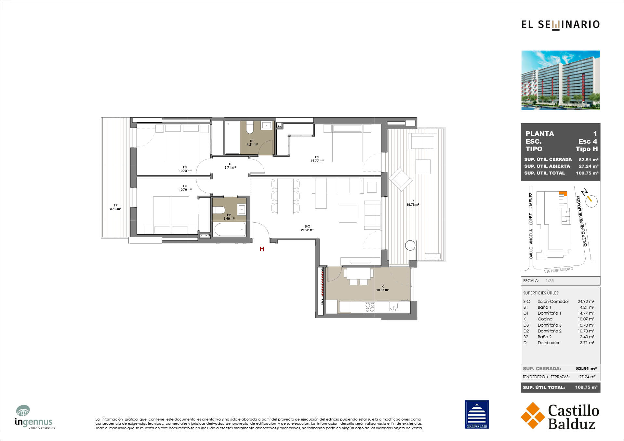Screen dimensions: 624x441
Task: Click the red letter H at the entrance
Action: click(x=262, y=249)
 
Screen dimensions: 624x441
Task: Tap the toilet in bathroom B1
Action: click(x=250, y=127)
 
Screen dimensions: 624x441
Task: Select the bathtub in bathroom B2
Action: click(x=230, y=229)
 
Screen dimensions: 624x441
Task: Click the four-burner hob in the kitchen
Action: click(x=370, y=307)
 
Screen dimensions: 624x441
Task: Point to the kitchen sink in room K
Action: click(x=393, y=306)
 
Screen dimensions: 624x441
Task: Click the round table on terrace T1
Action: click(x=410, y=245)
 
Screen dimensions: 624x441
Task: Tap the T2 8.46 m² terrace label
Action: click(x=115, y=207)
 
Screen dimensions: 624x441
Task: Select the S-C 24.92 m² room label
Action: click(x=307, y=228)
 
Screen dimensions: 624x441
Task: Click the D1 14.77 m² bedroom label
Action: click(x=317, y=159)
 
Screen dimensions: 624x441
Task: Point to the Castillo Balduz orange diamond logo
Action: click(x=533, y=415)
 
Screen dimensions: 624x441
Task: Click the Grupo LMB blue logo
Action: click(x=477, y=414)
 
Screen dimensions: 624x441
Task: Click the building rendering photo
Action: click(x=561, y=80)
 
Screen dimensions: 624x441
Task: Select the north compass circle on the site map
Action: click(x=591, y=201)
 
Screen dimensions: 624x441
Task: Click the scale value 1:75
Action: click(x=550, y=281)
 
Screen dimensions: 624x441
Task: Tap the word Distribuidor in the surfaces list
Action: click(x=549, y=343)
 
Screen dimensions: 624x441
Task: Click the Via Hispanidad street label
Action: click(x=559, y=270)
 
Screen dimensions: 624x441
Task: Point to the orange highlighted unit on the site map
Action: click(x=563, y=194)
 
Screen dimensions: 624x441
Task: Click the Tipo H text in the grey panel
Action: click(x=587, y=149)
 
